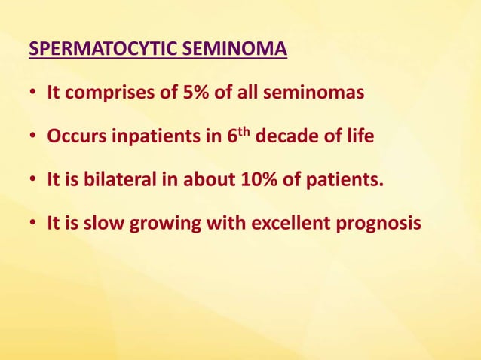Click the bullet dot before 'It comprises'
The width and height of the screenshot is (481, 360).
pos(33,96)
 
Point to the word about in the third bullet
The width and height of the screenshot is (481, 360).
pos(180,182)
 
